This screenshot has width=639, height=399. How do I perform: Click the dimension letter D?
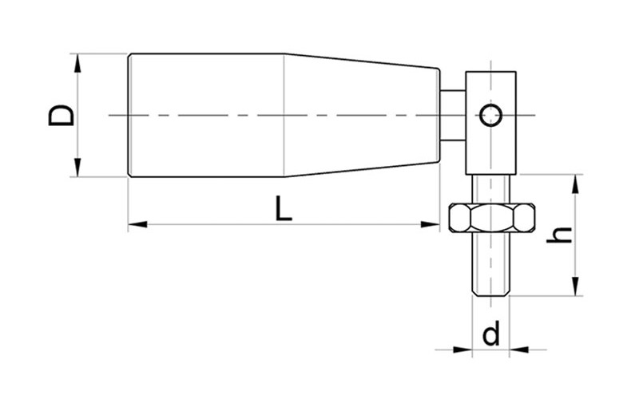[62, 115]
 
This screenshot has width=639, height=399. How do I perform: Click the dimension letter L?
[284, 208]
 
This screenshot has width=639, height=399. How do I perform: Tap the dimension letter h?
[559, 235]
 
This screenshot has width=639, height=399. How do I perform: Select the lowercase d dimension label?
[490, 333]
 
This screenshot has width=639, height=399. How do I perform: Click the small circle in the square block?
[490, 115]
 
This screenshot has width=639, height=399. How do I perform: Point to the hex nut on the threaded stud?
[491, 218]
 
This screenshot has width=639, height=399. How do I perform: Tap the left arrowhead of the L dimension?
[137, 224]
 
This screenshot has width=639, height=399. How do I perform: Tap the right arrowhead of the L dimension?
[431, 224]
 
